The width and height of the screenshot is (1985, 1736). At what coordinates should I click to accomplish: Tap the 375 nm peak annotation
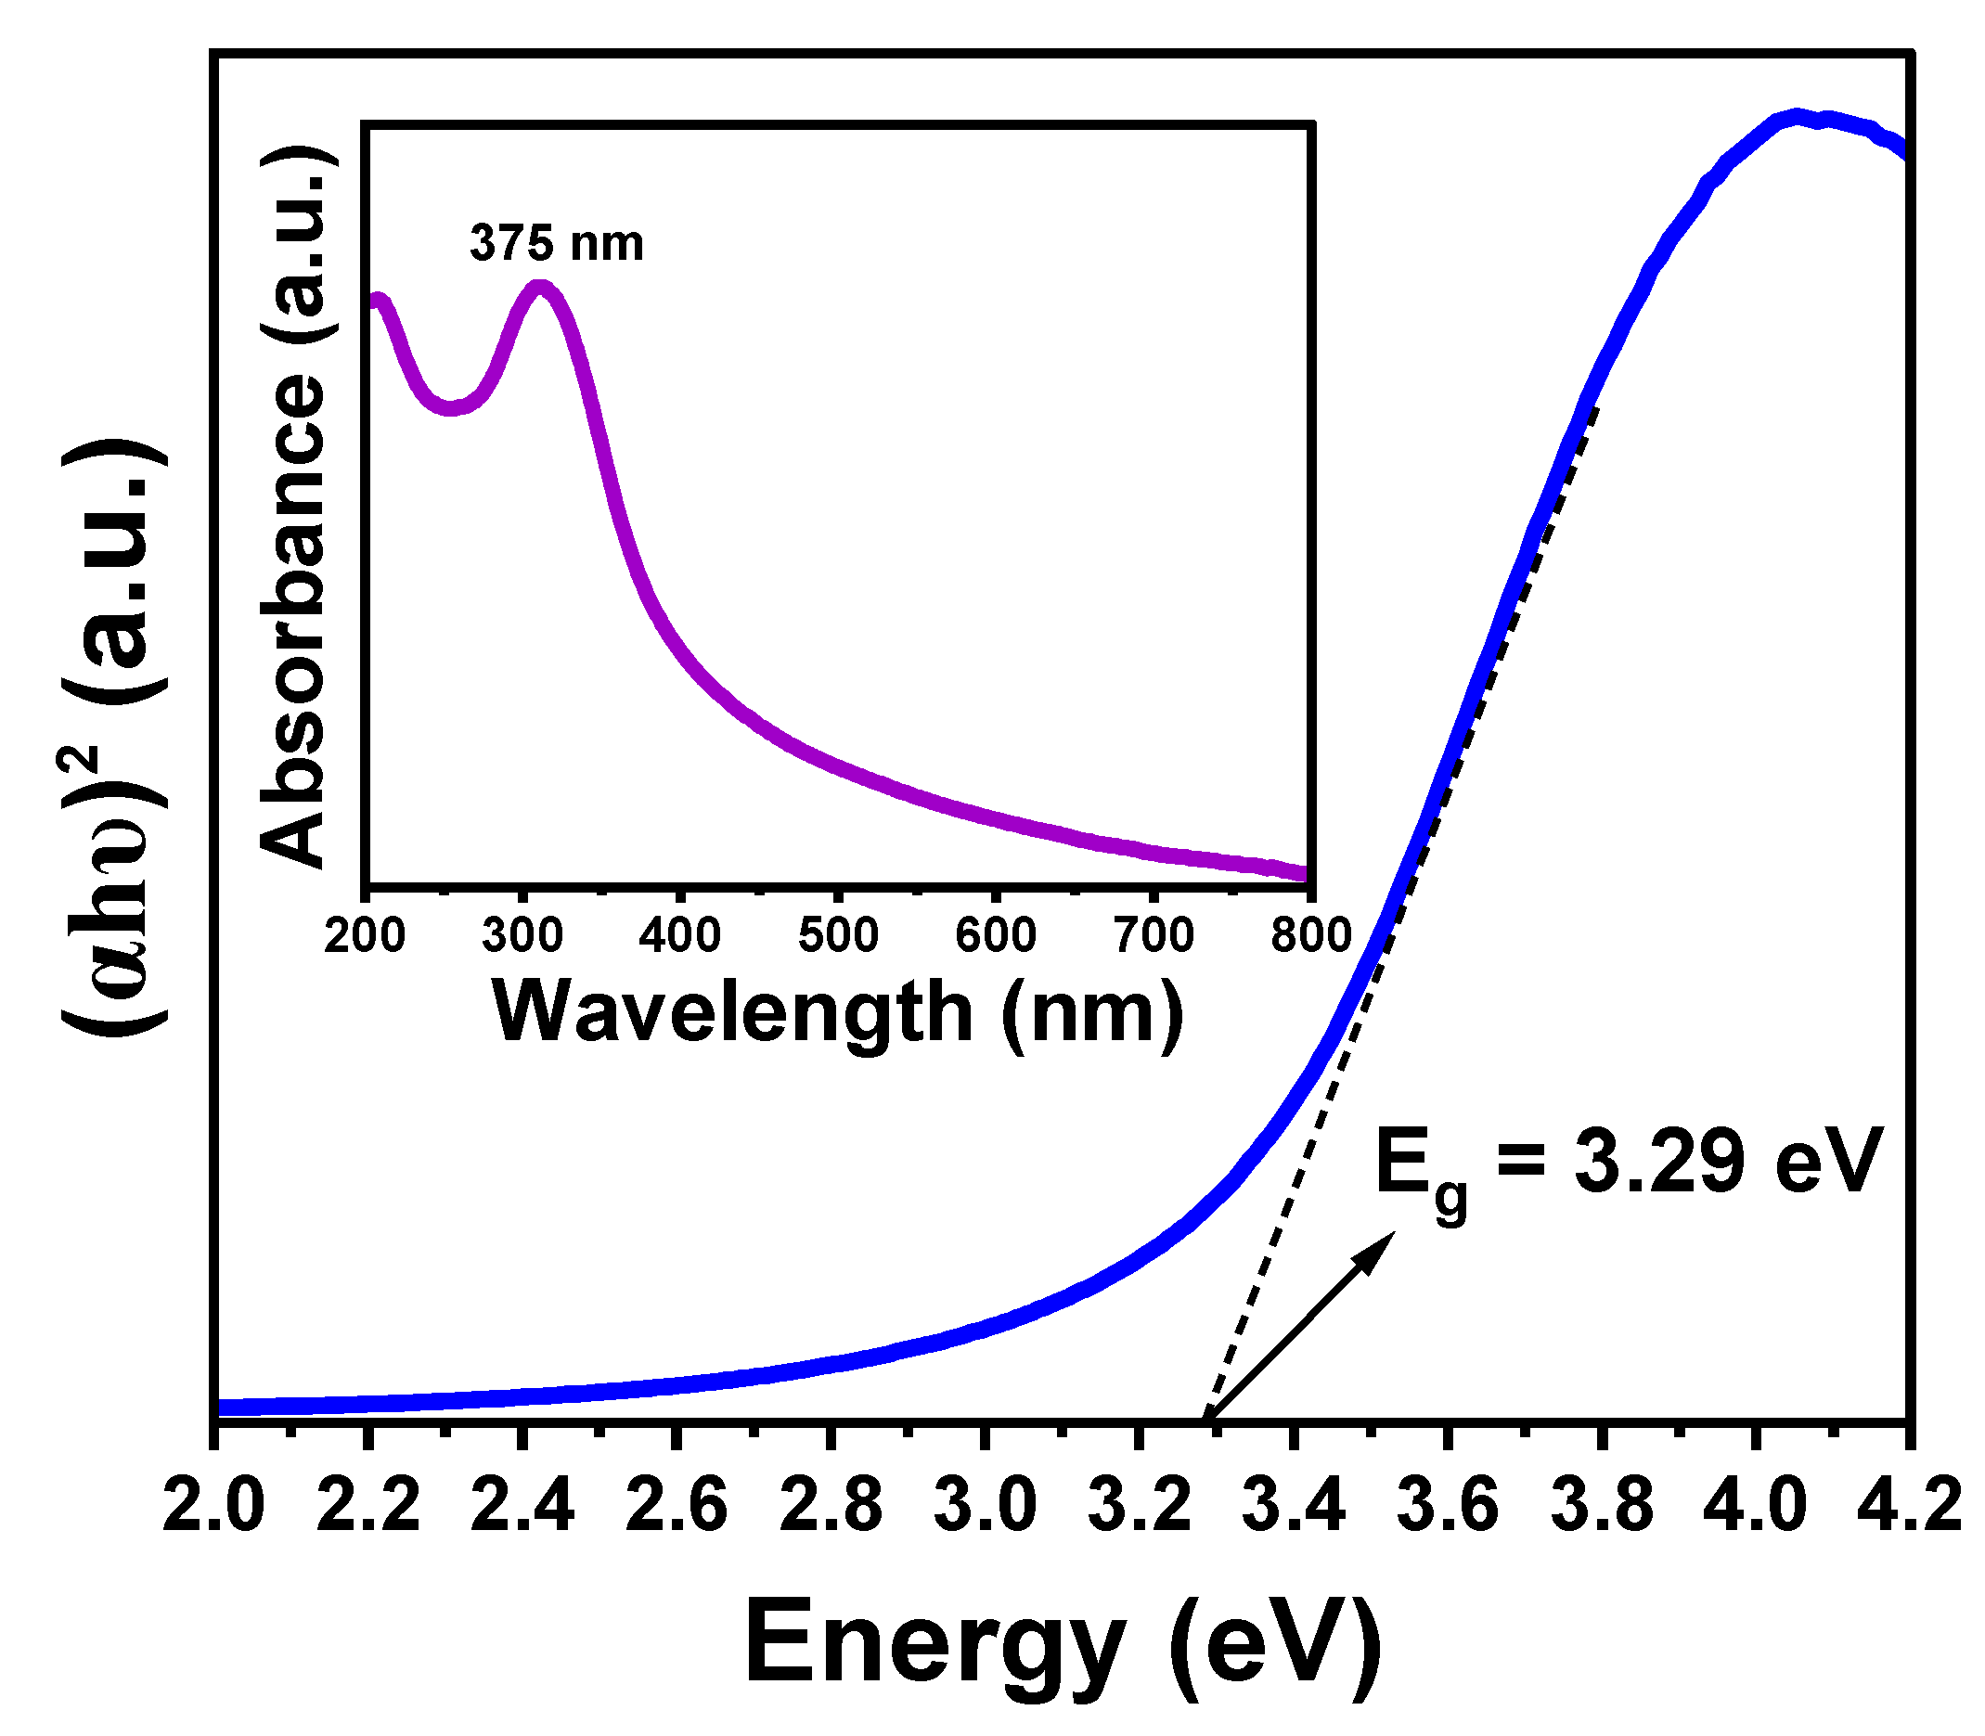click(x=556, y=242)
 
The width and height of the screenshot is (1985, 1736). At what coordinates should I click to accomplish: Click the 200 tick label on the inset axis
click(x=365, y=936)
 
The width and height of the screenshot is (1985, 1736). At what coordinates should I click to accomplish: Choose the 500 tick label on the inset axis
click(x=838, y=936)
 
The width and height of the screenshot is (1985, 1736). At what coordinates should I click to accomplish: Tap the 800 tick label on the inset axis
click(x=1310, y=936)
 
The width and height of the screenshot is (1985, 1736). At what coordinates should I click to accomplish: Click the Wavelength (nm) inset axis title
click(x=839, y=1011)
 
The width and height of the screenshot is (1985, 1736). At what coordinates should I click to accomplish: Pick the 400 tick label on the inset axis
click(x=680, y=936)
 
